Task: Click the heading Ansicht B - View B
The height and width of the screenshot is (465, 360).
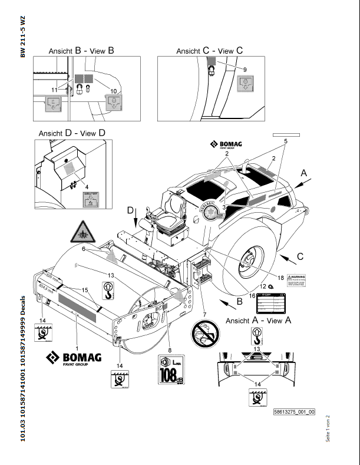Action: [82, 51]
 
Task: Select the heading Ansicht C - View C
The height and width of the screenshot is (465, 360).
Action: [209, 51]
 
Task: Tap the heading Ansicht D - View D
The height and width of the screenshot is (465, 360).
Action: [72, 133]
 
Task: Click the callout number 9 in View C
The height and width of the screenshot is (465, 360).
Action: [245, 70]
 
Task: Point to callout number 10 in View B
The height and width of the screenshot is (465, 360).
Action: [113, 91]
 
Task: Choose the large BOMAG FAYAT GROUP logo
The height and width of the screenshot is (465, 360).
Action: [74, 358]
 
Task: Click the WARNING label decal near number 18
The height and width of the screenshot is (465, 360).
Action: [295, 281]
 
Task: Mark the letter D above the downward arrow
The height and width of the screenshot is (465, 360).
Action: [130, 210]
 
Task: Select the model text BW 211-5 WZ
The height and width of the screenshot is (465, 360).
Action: [23, 36]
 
